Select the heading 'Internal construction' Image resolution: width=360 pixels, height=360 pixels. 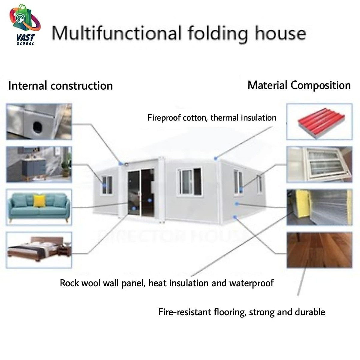pos(60,86)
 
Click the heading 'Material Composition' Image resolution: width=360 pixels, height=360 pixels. pos(299,85)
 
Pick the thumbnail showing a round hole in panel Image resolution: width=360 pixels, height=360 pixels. pos(39,121)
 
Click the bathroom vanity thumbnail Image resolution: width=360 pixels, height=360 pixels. pos(39,164)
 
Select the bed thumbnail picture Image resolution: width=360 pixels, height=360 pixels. pos(39,250)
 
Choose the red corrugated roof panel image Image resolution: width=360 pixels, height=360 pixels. pos(319,121)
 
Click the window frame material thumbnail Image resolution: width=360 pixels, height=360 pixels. pos(319,164)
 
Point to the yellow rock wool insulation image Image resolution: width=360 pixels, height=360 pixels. pos(319,207)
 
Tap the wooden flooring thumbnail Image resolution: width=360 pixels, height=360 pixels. pos(319,250)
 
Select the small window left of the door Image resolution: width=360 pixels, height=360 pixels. pos(107,185)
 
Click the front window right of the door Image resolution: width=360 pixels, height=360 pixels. pos(190,181)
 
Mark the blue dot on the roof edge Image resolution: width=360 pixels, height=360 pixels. pos(215,158)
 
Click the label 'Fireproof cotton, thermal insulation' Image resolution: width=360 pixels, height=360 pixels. pos(212,118)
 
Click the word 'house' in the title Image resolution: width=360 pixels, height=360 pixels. pos(280,33)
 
